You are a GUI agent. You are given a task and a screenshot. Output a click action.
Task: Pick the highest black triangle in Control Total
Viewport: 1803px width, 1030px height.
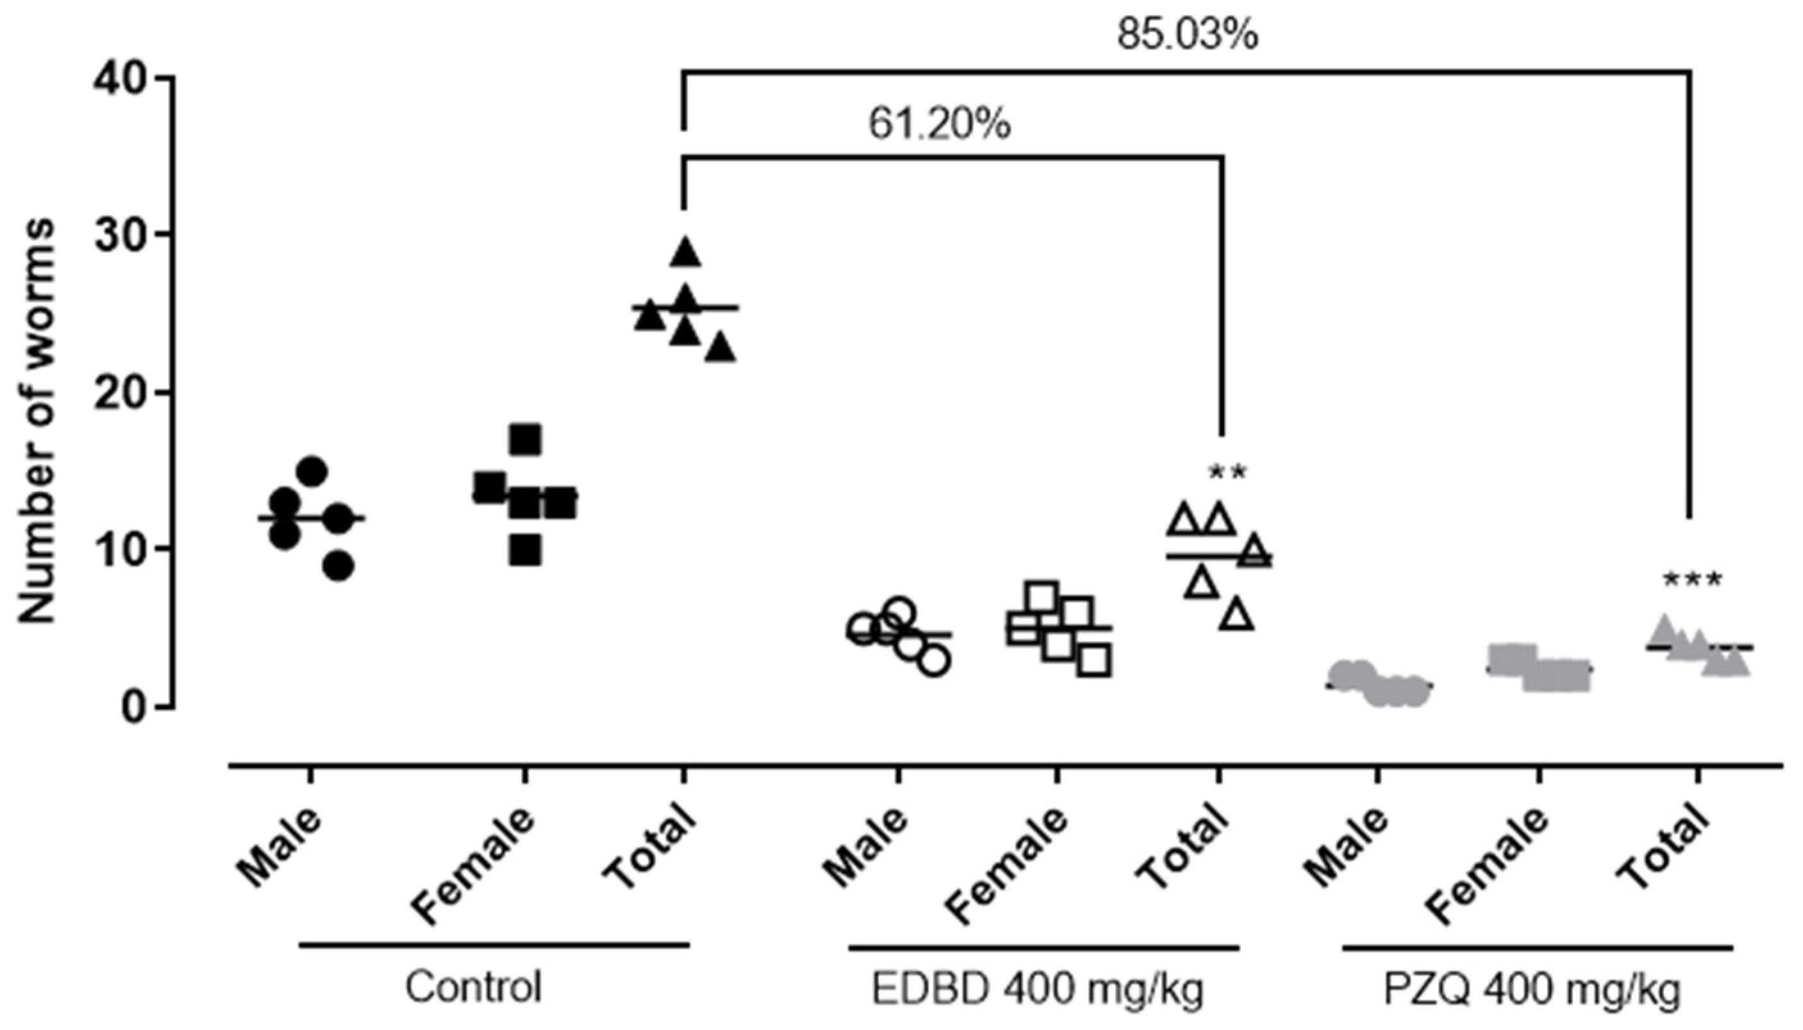coord(685,253)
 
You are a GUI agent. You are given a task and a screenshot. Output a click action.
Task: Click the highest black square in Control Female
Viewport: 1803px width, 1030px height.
coord(525,440)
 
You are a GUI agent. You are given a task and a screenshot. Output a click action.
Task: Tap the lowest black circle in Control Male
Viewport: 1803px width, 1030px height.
coord(340,566)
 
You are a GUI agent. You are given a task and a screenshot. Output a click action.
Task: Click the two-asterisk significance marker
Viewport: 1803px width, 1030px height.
coord(1228,472)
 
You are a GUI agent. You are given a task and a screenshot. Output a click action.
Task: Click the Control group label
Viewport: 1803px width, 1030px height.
coord(473,988)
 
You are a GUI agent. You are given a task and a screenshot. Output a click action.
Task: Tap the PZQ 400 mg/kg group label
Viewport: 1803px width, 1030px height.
coord(1532,990)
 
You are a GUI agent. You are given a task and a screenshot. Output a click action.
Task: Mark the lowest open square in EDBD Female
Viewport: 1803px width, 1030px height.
coord(1094,661)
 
